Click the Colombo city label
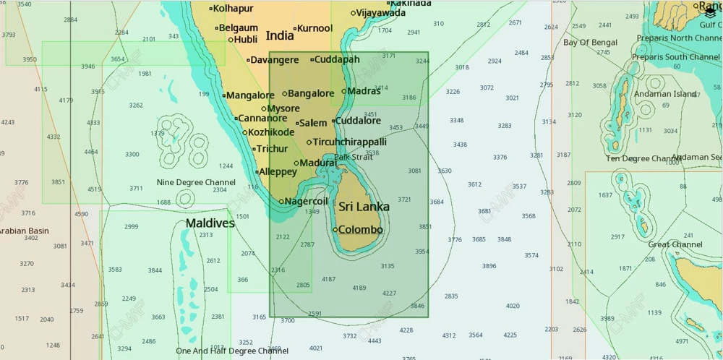[361, 230]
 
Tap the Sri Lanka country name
[364, 207]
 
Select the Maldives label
[210, 223]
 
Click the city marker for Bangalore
[285, 94]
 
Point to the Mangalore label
[251, 95]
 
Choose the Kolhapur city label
[234, 9]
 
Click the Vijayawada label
[381, 13]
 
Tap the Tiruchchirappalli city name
[349, 142]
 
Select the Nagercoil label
[307, 202]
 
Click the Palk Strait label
[353, 157]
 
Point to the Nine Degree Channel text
[196, 182]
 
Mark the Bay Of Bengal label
[590, 43]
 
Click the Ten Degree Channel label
[643, 158]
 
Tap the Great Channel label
[675, 244]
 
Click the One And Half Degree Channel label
[232, 351]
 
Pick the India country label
[280, 36]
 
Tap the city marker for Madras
[344, 92]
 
